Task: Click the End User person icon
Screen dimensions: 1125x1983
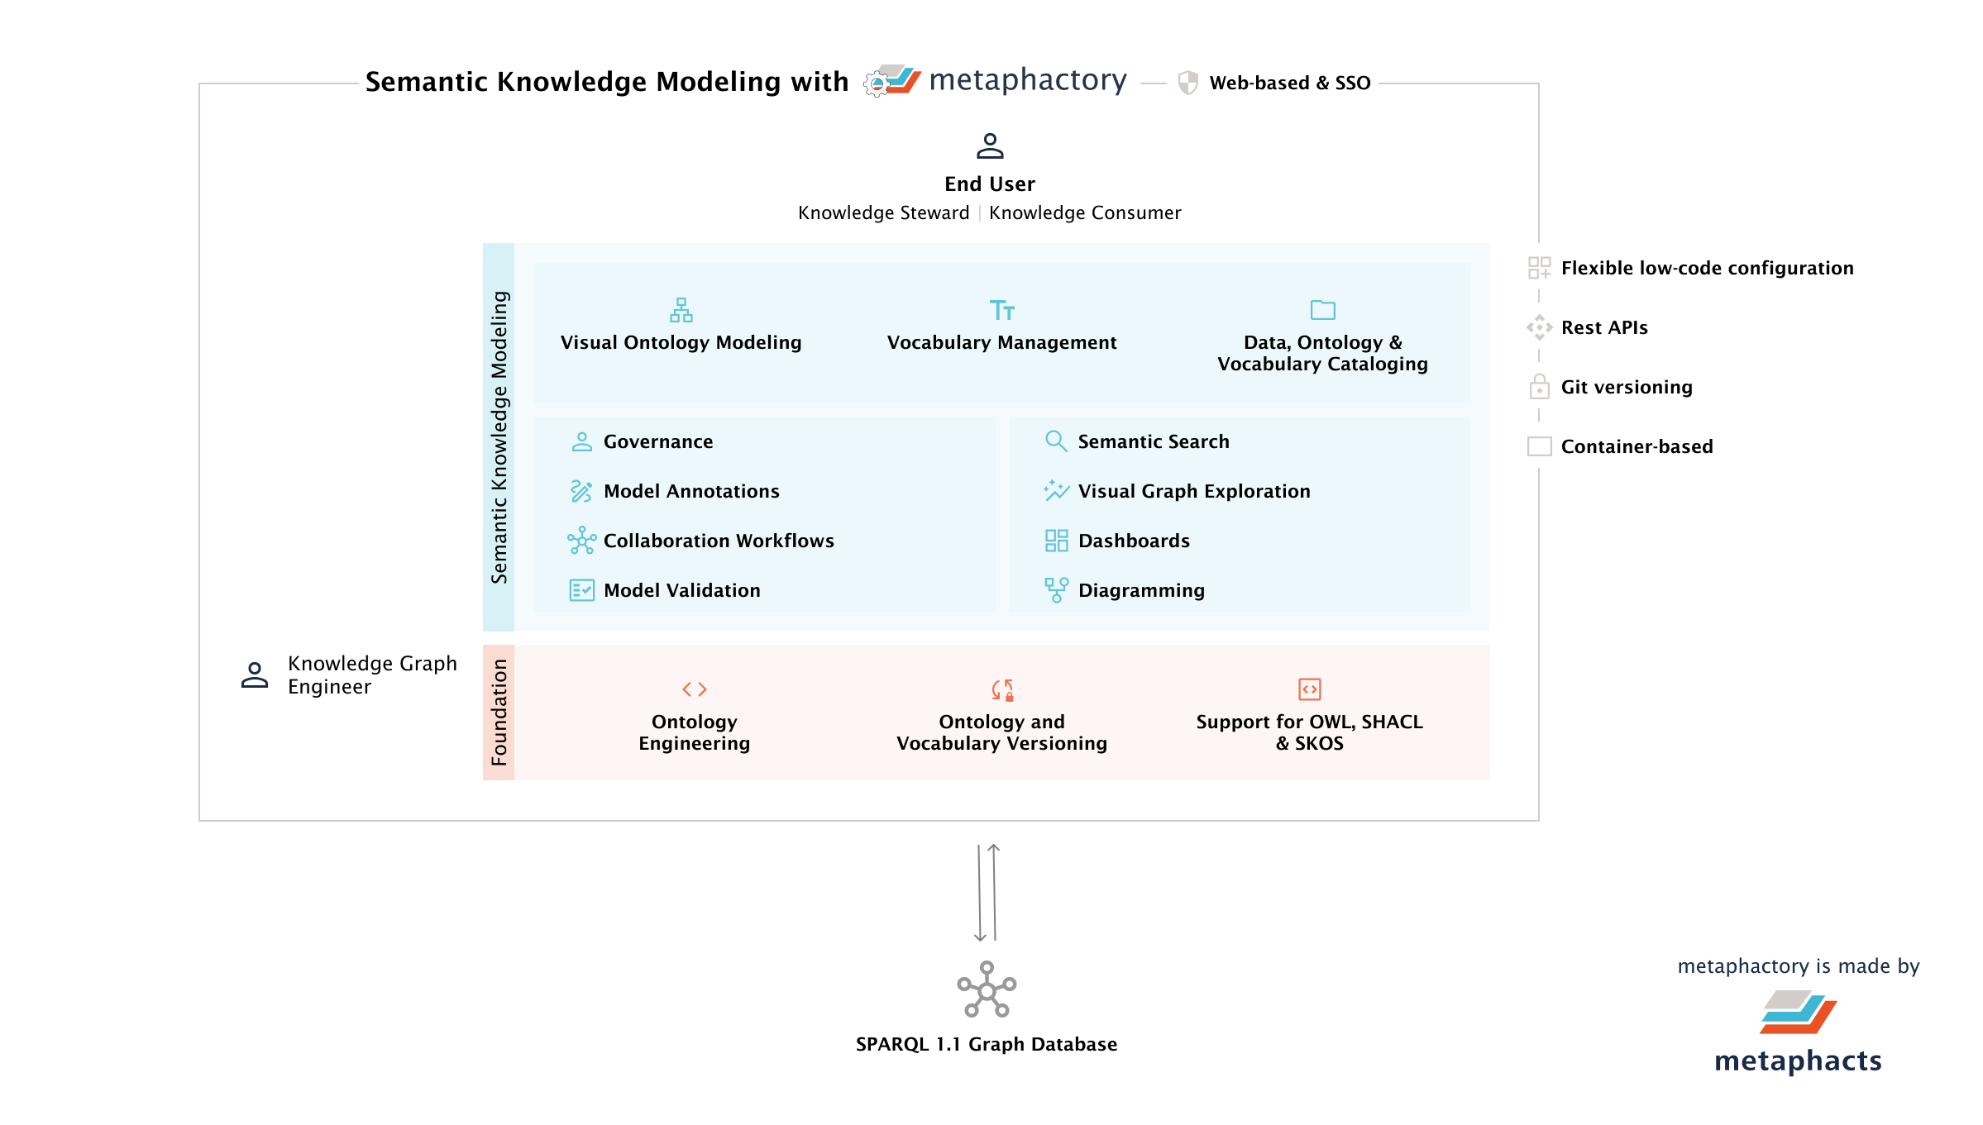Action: click(x=990, y=146)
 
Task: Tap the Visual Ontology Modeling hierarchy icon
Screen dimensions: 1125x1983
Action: click(x=681, y=311)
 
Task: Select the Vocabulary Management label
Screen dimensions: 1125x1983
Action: click(x=1001, y=342)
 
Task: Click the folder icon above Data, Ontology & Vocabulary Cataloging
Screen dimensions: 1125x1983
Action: click(x=1322, y=310)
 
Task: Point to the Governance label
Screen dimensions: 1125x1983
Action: click(x=657, y=441)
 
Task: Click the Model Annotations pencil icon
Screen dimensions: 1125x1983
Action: click(x=581, y=491)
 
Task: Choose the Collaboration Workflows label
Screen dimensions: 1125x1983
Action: click(x=718, y=541)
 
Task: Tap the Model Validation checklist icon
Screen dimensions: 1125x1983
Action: click(x=581, y=590)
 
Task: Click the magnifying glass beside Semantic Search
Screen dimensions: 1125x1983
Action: click(x=1055, y=441)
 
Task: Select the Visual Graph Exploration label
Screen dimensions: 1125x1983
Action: click(x=1193, y=491)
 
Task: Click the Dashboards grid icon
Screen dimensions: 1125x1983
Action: click(x=1056, y=541)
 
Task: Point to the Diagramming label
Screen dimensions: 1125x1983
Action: click(x=1141, y=590)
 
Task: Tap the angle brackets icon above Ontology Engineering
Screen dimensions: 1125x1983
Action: click(x=694, y=689)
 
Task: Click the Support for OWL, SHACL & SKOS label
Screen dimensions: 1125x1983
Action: click(x=1309, y=732)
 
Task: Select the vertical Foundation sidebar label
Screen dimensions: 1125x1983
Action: click(x=499, y=713)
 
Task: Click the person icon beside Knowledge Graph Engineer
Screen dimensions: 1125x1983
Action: click(x=255, y=675)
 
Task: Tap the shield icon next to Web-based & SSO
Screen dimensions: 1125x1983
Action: click(x=1187, y=83)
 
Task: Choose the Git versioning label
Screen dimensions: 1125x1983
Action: click(x=1626, y=387)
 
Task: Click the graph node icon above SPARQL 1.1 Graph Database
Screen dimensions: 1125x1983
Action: click(x=987, y=989)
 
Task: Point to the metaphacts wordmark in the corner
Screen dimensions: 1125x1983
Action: click(x=1798, y=1061)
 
